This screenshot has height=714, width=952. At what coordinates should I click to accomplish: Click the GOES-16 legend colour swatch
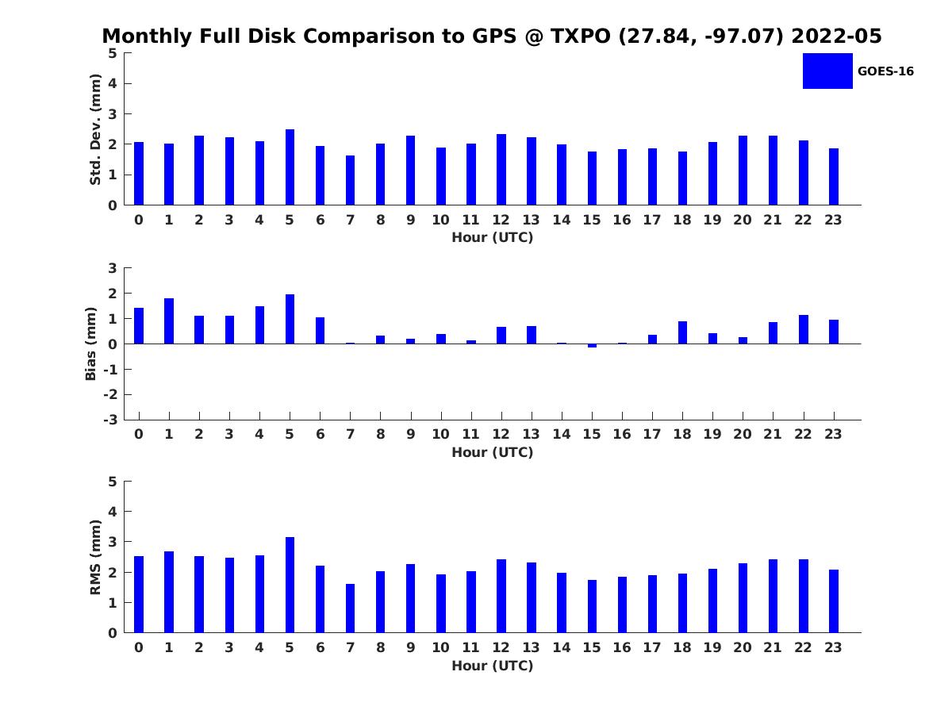point(827,71)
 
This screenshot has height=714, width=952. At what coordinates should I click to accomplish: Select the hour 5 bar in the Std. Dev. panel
point(290,167)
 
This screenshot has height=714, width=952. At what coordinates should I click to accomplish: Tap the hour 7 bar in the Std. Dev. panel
point(350,180)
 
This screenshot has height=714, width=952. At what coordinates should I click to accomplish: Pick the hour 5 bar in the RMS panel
point(290,585)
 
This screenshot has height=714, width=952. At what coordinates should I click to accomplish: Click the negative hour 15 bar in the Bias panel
point(592,346)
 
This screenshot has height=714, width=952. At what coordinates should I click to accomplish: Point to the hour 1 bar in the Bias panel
point(169,321)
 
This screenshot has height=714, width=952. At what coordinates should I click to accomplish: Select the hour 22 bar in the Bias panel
point(803,329)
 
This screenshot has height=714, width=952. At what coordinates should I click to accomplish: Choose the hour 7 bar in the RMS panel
point(350,608)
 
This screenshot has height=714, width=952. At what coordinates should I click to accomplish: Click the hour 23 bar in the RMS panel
point(834,601)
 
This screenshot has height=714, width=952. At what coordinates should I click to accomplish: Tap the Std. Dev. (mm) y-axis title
point(95,129)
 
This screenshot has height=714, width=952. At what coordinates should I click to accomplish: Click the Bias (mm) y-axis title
point(90,344)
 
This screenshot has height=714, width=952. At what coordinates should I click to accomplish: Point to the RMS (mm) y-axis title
point(95,557)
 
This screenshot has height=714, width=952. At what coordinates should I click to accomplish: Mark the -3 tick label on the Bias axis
point(110,420)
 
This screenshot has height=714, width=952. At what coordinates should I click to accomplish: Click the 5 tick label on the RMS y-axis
point(113,482)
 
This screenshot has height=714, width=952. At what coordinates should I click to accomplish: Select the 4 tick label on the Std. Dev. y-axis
point(113,83)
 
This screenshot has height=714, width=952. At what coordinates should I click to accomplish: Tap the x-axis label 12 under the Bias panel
point(501,434)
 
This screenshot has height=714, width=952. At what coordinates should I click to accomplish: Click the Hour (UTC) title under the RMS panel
point(493,666)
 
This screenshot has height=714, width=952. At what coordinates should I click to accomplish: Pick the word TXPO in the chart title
point(580,36)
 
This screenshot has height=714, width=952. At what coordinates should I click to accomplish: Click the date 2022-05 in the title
point(837,36)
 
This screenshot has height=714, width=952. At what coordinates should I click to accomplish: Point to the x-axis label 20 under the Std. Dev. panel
point(743,220)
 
